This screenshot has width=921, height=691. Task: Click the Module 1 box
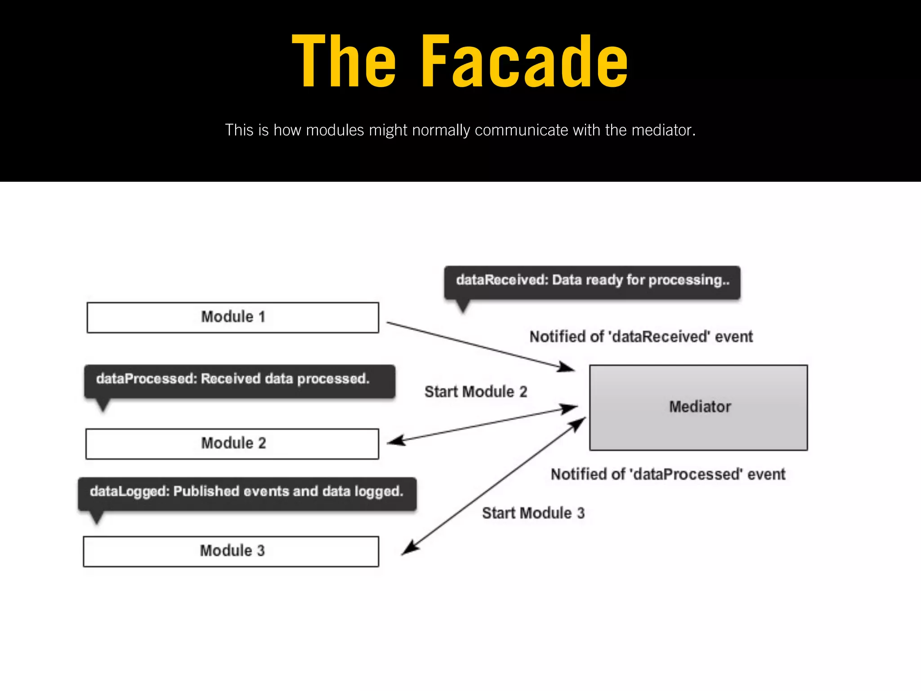[232, 318]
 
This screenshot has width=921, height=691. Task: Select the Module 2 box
[232, 444]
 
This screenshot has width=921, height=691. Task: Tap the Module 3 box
[231, 551]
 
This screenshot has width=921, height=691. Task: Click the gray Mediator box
[698, 407]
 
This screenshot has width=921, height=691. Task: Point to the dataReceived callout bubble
[592, 282]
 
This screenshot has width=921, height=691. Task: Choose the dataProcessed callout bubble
[239, 381]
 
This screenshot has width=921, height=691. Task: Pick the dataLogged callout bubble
[247, 493]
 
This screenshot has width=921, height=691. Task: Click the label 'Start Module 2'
[476, 392]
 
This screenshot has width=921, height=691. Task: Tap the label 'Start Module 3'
[533, 513]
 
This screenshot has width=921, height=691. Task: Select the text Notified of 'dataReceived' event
[641, 337]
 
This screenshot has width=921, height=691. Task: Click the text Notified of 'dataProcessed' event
[668, 474]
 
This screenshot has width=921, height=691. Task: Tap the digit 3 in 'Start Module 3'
[581, 513]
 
